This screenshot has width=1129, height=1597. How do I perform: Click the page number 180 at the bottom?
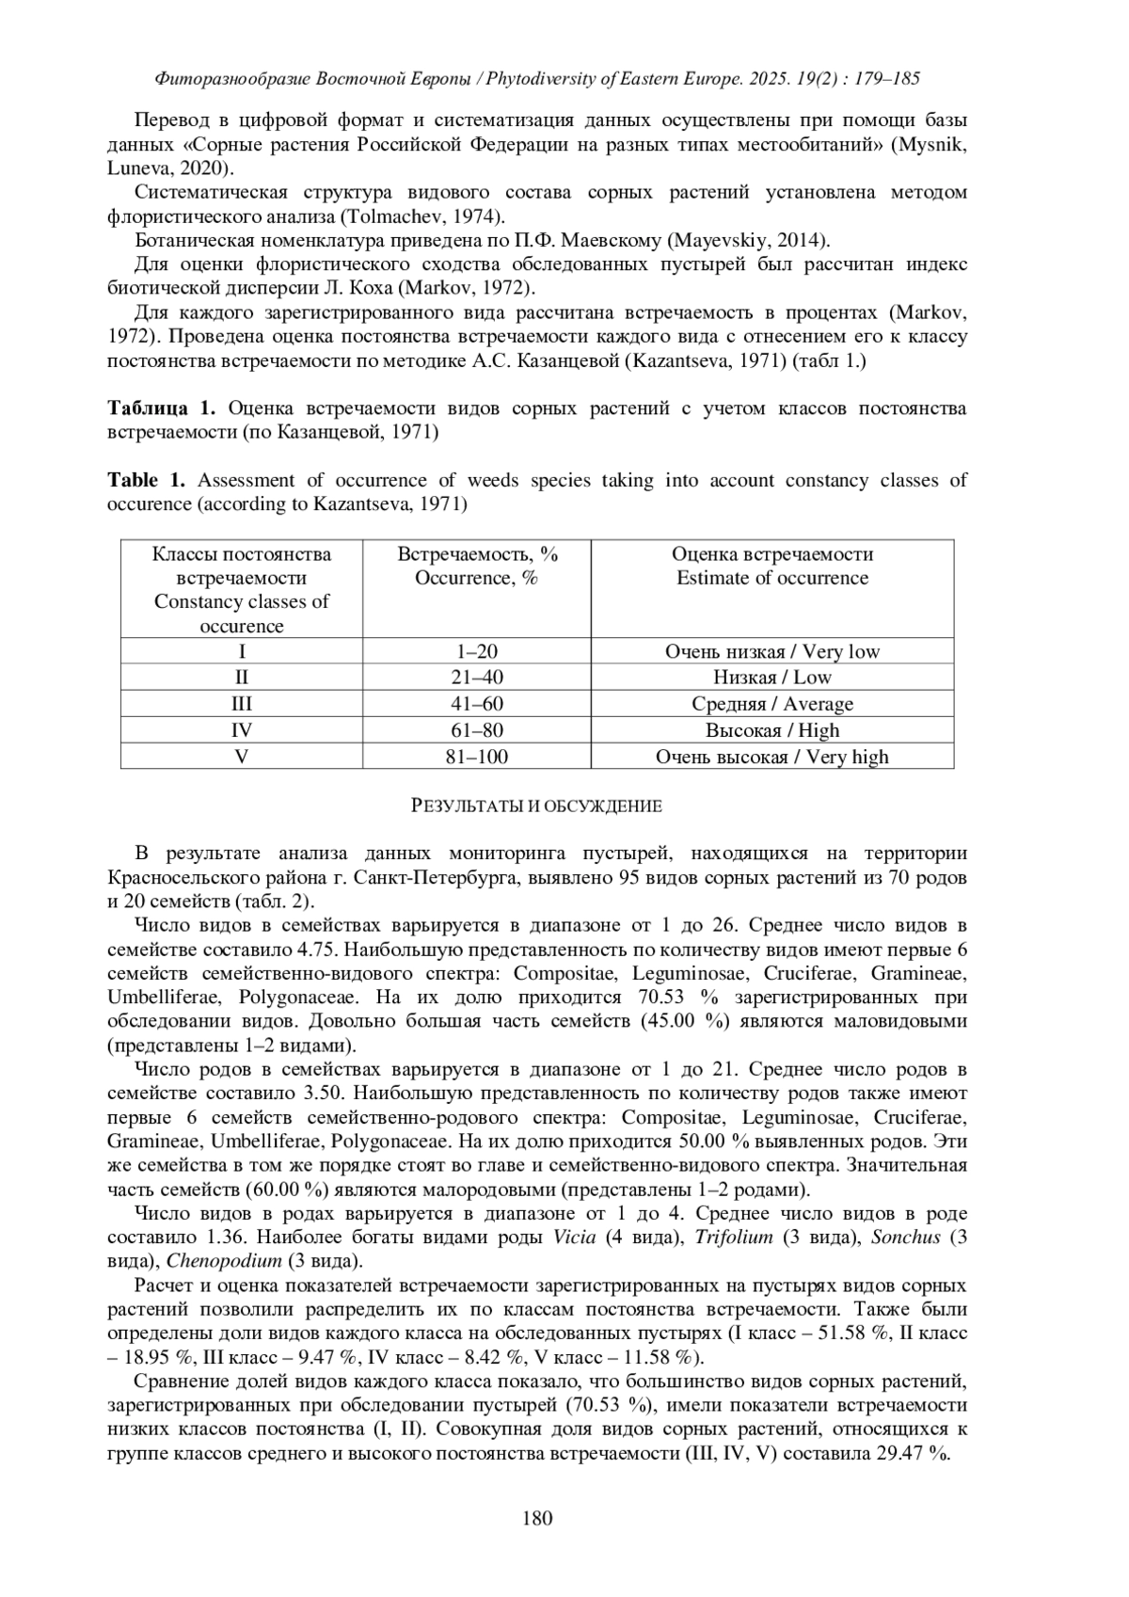[537, 1517]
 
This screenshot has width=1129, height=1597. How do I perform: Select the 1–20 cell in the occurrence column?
[476, 651]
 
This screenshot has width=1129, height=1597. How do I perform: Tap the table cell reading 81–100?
[476, 756]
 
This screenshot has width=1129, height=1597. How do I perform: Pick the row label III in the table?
[242, 704]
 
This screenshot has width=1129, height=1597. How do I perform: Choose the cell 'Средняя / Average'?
[772, 704]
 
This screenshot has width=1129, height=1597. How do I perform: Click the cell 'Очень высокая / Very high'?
[772, 756]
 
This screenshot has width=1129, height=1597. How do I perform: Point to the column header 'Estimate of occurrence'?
[772, 578]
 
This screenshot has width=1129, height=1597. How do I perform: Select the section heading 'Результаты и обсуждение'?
[537, 806]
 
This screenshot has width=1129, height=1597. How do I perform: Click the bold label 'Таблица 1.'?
[162, 408]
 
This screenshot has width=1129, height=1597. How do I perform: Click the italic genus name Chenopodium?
[224, 1261]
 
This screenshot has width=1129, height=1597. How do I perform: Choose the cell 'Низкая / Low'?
[772, 678]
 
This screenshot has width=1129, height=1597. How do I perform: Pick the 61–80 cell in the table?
[476, 730]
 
